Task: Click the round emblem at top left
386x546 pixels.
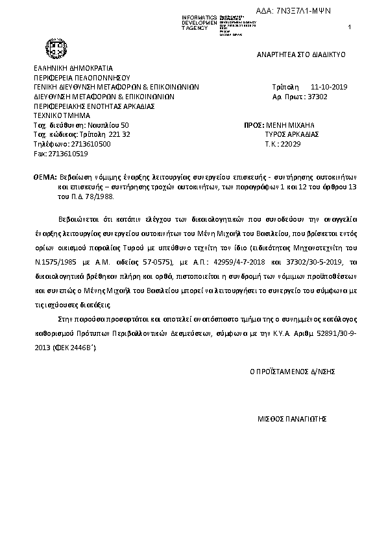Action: pos(52,49)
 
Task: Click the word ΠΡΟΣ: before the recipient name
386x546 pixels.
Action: pos(253,124)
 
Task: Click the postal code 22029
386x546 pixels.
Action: pos(291,144)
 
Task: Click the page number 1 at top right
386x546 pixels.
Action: pos(350,27)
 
